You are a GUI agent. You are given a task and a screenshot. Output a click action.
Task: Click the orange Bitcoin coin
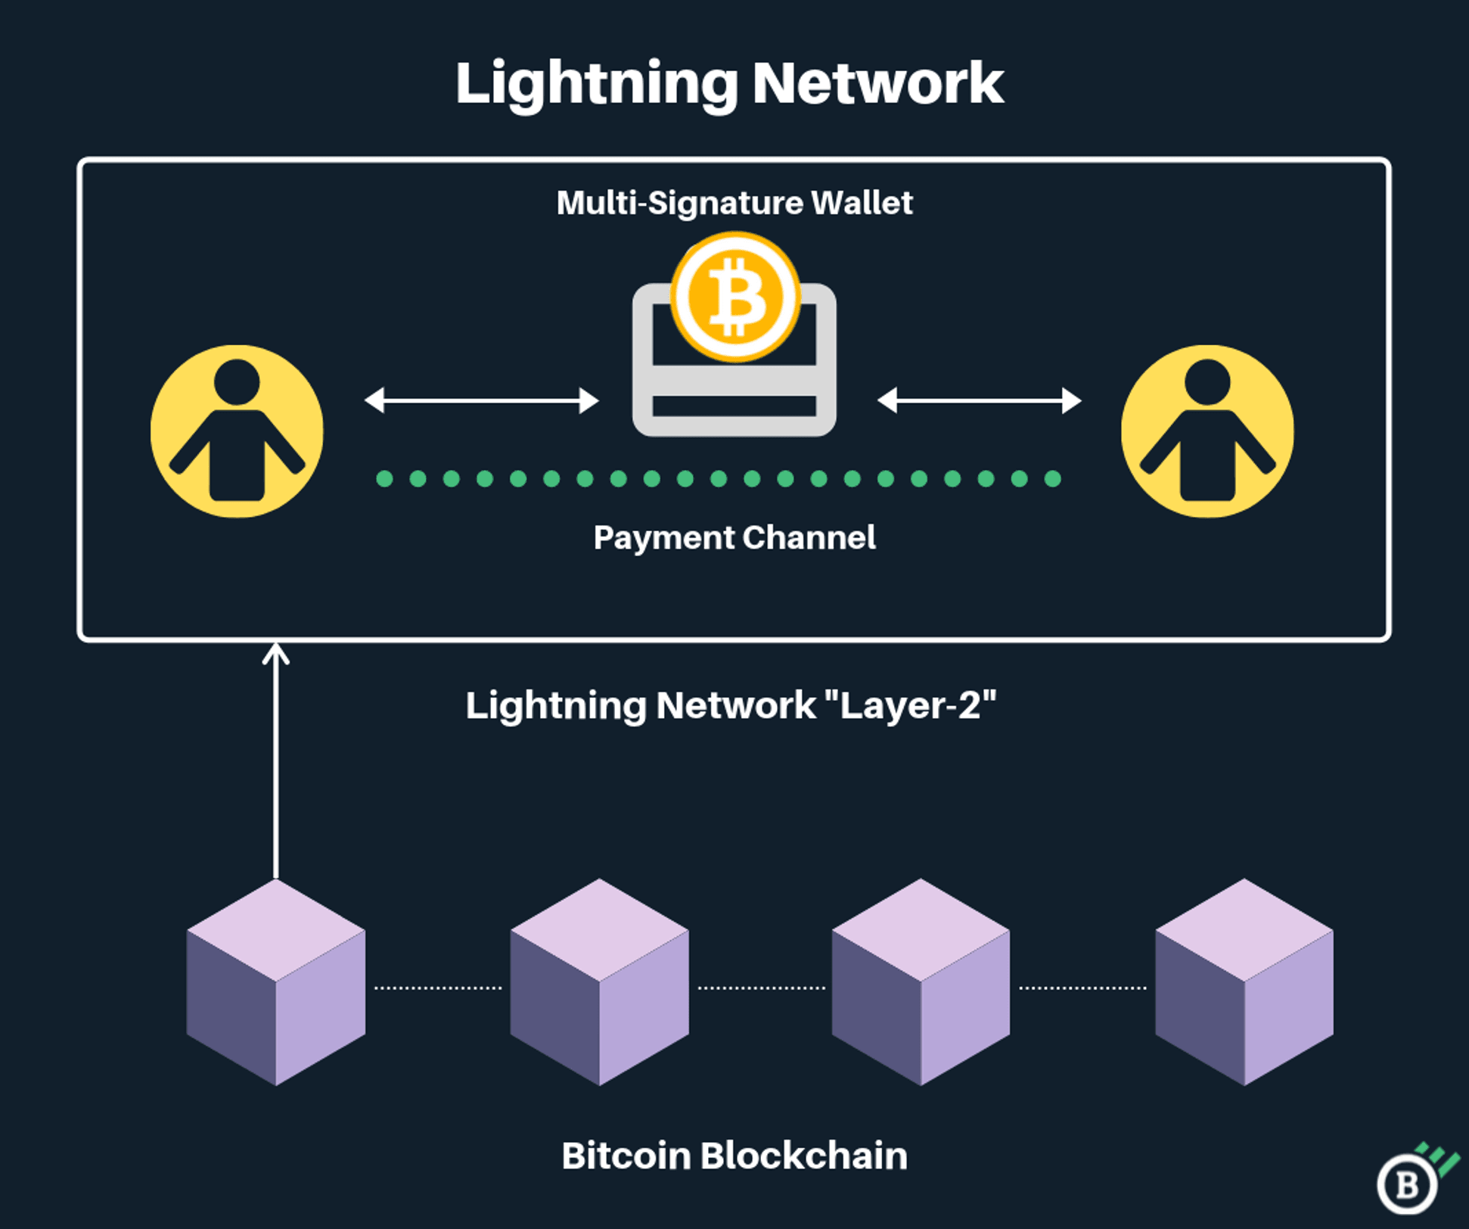click(735, 297)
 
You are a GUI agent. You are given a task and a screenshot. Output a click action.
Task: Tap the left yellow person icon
click(237, 431)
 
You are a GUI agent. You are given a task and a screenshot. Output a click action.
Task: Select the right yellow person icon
click(1207, 431)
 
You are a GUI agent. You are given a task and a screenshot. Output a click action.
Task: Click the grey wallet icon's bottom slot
click(734, 406)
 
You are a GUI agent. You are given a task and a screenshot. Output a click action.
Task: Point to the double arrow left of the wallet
click(482, 400)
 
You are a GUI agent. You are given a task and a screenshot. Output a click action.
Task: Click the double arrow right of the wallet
click(979, 400)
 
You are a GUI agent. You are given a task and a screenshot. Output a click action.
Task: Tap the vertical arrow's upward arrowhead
click(276, 653)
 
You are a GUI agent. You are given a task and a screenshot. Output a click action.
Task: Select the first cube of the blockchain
click(276, 982)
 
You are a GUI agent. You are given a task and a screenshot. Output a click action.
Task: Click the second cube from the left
click(599, 982)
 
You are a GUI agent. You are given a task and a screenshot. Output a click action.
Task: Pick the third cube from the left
click(921, 982)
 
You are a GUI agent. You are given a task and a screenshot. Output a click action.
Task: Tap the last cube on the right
click(1244, 982)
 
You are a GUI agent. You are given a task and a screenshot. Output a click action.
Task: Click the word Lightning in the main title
click(597, 85)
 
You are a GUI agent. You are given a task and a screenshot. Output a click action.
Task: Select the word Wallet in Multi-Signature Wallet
click(862, 203)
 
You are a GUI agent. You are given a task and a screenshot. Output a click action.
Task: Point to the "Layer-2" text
click(910, 706)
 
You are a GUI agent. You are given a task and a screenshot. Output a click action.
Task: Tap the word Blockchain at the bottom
click(804, 1156)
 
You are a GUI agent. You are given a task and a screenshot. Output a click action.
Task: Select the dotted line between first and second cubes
click(438, 988)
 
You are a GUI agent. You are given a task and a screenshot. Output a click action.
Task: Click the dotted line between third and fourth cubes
click(1082, 988)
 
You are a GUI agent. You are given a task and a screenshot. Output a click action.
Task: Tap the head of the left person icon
click(237, 381)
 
